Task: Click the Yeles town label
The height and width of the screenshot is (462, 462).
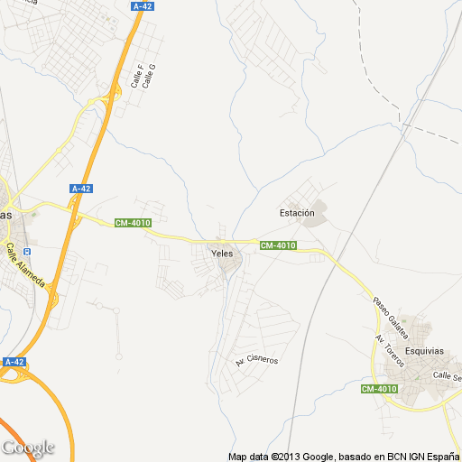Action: [x=222, y=254]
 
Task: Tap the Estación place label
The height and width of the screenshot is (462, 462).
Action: [x=297, y=213]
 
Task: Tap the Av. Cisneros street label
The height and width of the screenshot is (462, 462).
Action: [x=257, y=359]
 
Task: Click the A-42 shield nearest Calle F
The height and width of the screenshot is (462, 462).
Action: [x=142, y=6]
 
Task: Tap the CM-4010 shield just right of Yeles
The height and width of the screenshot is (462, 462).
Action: [x=278, y=245]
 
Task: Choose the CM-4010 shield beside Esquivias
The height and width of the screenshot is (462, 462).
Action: [x=379, y=389]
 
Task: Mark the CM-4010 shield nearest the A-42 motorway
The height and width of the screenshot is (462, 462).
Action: [x=133, y=224]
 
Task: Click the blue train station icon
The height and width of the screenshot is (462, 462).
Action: [x=26, y=252]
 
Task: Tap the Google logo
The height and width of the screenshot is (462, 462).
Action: [x=28, y=448]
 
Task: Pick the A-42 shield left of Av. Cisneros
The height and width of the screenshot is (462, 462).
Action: [x=13, y=362]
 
